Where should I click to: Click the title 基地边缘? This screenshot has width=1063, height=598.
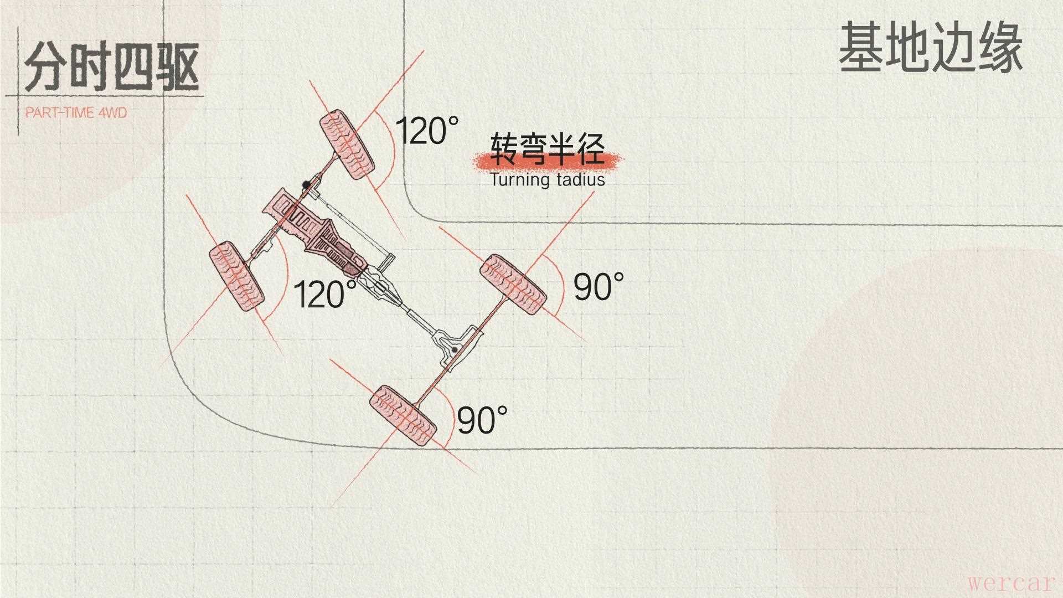930,47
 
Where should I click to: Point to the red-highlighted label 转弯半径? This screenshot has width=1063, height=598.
548,150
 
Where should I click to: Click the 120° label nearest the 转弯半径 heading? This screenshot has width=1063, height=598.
427,131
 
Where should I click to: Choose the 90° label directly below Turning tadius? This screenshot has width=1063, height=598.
598,286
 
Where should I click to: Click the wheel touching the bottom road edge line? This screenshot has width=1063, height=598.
403,416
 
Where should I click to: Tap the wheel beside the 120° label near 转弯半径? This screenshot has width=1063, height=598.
347,145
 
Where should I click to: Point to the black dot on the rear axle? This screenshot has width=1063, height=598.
455,350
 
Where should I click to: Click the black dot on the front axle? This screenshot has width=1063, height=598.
305,184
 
